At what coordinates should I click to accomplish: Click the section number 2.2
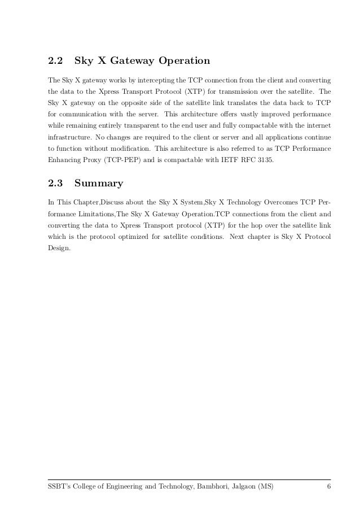point(55,60)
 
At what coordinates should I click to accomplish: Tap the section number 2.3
point(55,183)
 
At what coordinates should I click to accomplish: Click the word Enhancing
point(65,163)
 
